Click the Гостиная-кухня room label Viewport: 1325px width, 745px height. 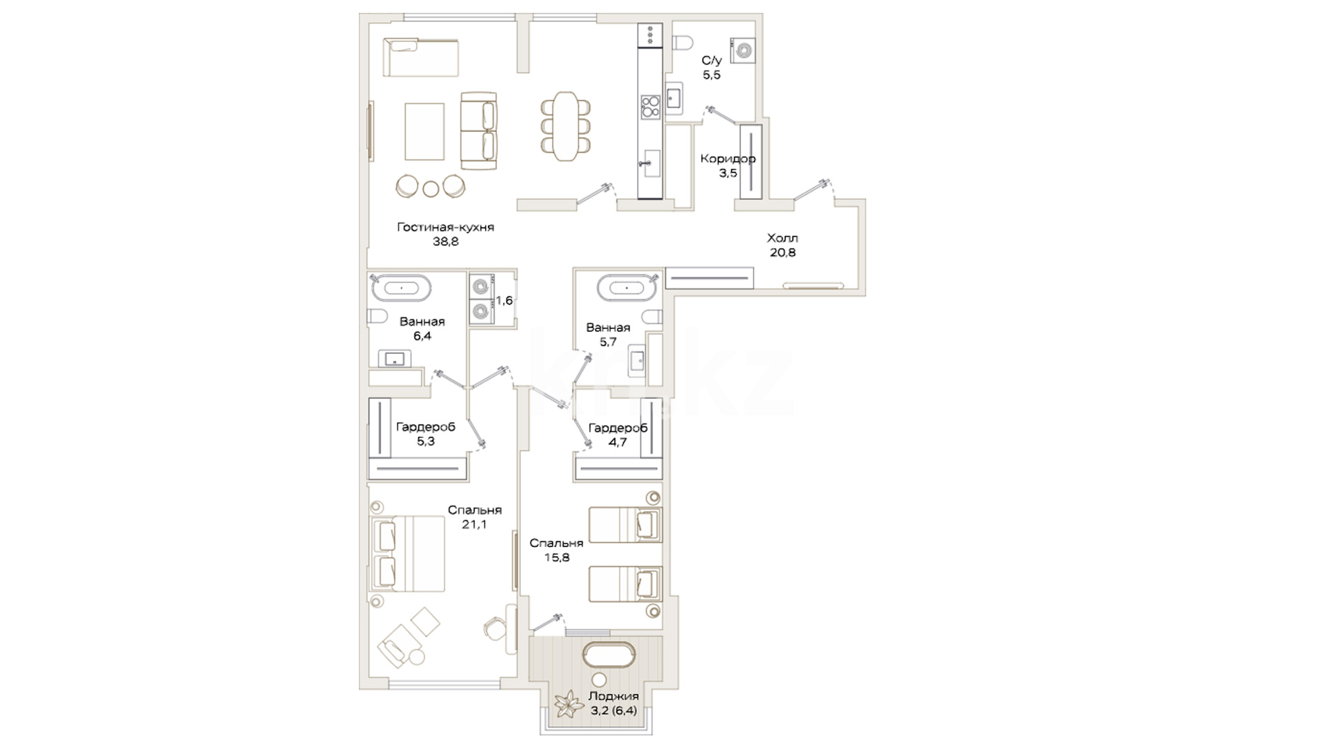pos(445,227)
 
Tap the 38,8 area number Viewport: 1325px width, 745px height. pos(445,242)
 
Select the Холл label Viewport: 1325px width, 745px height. pos(783,238)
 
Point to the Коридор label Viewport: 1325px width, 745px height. pos(728,159)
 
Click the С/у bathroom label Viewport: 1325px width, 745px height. pos(711,61)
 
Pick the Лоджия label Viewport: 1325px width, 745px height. pos(614,697)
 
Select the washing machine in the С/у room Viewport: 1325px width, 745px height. pos(744,50)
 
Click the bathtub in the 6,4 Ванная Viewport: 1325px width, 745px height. pos(401,288)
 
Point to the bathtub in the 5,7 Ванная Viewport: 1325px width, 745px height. pos(626,288)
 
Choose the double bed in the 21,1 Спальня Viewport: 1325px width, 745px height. pos(407,553)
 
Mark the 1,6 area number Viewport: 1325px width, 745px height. pos(504,300)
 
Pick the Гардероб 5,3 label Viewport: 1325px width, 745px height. pos(426,435)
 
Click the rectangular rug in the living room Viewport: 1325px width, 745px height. pos(424,131)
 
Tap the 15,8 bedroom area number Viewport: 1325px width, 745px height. pos(557,557)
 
